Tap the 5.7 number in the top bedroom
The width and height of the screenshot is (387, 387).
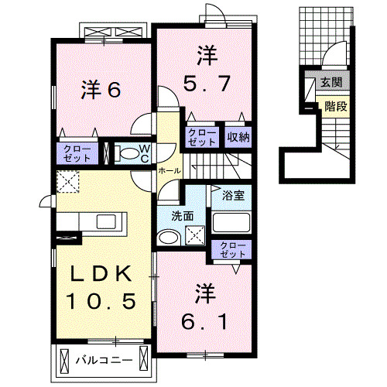pos(205,82)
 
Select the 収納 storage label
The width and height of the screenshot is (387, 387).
pos(238,137)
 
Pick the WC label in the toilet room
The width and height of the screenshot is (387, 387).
pos(144,152)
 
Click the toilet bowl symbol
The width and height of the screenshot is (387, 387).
pos(126,152)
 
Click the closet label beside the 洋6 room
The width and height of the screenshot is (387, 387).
pos(77,152)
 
